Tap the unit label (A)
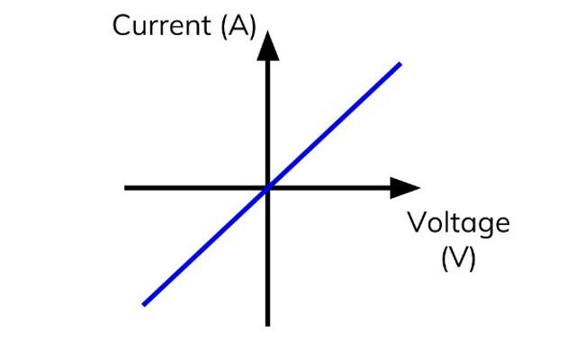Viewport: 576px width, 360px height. pos(238,25)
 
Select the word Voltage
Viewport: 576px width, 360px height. pos(458,222)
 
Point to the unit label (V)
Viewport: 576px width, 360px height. pos(458,259)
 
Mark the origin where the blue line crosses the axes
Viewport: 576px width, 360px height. pos(267,187)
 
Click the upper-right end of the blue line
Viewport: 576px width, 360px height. pos(399,64)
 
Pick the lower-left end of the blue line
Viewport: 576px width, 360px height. pos(144,304)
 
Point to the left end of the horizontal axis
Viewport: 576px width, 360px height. pos(126,187)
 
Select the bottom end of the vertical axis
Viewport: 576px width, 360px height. pos(267,323)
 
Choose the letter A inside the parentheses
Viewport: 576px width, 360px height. pos(238,25)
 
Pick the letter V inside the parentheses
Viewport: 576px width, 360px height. pos(458,259)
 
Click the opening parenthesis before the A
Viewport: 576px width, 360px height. pos(224,26)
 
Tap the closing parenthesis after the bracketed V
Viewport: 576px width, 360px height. pos(472,260)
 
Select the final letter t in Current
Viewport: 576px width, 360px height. pos(206,25)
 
